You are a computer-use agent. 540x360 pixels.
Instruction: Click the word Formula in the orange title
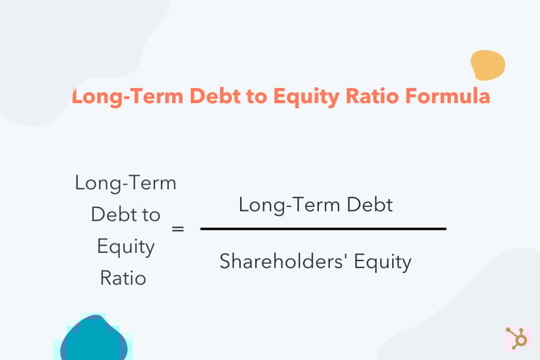pos(449,96)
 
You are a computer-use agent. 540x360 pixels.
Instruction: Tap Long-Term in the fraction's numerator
pos(277,204)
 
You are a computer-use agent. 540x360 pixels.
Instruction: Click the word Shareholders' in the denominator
pos(271,262)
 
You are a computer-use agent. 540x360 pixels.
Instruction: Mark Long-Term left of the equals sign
pos(125,182)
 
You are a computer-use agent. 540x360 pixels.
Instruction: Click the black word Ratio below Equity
pos(124,278)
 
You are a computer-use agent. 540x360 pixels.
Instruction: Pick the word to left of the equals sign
pos(150,215)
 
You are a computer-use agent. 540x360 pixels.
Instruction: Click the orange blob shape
pos(488,66)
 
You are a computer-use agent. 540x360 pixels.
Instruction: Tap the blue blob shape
pos(94,338)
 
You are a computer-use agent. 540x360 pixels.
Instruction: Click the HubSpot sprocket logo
pos(516,338)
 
